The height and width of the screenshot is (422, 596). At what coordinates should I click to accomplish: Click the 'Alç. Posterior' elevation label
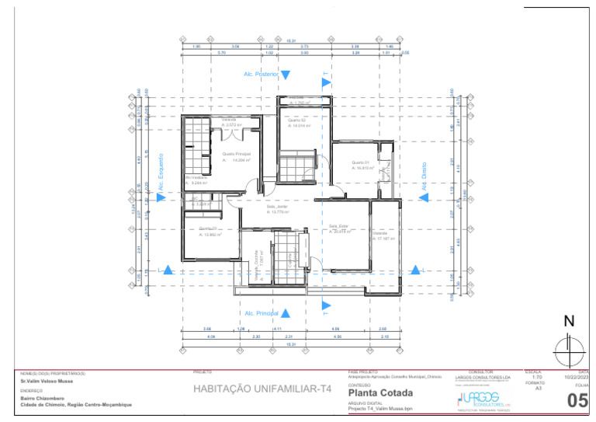261,75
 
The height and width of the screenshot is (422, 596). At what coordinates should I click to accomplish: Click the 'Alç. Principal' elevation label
262,313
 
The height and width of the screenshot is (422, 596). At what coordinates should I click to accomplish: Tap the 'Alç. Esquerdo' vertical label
161,173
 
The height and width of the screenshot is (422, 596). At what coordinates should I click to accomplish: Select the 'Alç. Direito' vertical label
424,176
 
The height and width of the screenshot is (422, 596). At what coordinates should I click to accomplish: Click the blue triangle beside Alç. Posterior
286,75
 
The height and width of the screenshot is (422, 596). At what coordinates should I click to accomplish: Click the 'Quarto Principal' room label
236,154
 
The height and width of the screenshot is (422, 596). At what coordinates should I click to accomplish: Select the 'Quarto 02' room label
297,120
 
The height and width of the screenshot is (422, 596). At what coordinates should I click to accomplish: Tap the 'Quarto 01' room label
362,162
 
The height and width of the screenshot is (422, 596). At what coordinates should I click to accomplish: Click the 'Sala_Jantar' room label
277,207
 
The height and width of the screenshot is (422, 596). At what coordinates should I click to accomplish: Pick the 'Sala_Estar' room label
338,226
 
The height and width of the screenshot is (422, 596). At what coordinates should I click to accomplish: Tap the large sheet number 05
577,401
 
